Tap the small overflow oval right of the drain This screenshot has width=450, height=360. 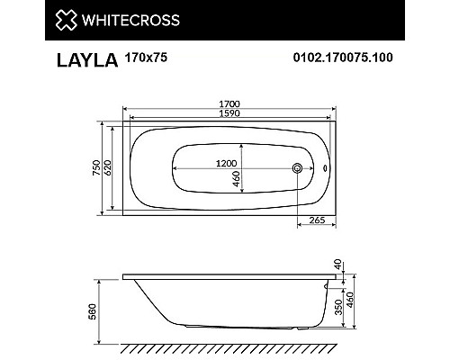pyautogui.click(x=326, y=166)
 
